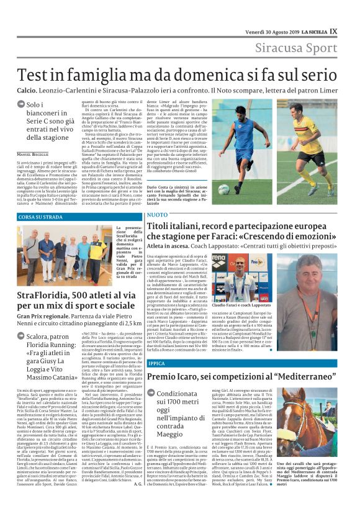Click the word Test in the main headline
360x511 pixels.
pyautogui.click(x=39, y=74)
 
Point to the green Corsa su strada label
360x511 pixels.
pyautogui.click(x=41, y=217)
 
